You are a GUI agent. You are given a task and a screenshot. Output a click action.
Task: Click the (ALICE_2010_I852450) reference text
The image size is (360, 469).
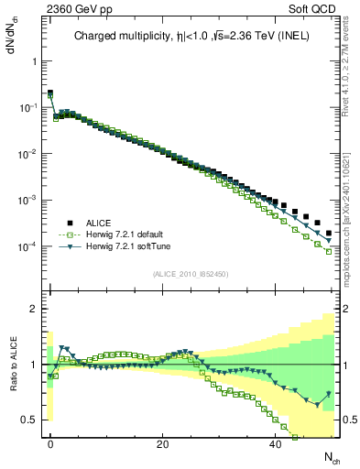pos(191,274)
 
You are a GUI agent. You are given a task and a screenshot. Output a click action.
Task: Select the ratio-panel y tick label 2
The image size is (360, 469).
pos(35,309)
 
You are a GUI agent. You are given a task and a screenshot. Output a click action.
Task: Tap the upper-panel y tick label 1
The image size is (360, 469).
pos(35,61)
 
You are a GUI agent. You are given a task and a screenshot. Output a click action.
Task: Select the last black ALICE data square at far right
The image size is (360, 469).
pos(328,233)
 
